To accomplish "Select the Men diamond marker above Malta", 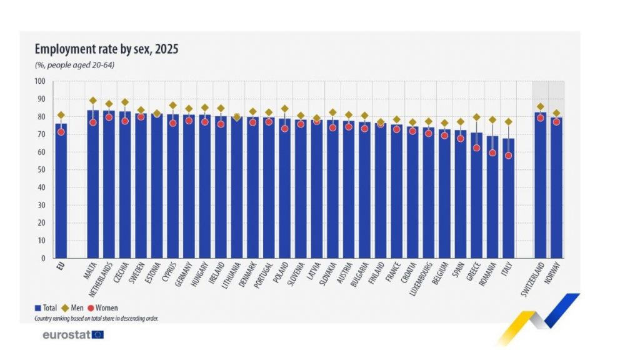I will point(92,101).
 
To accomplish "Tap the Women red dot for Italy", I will point(508,155).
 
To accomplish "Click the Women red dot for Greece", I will point(476,148).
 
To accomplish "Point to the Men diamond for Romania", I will point(492,120).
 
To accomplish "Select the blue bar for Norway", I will point(556,187).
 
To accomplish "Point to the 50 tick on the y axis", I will point(41,170).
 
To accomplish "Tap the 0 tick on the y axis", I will point(43,258).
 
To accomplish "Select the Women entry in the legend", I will point(103,308).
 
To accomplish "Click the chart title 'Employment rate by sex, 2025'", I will point(106,49).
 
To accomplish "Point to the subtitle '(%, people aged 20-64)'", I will point(74,65).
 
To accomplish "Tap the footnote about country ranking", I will point(96,318).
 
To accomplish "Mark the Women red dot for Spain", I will point(461,138).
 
